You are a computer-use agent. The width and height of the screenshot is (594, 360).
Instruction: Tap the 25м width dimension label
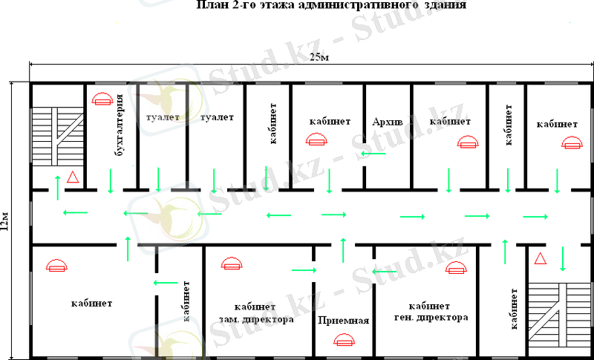(x=319, y=58)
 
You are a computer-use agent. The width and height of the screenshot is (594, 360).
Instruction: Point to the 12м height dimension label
(x=4, y=221)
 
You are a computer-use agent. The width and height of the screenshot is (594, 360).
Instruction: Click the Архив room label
(x=388, y=122)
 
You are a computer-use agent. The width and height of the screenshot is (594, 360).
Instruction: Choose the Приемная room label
(x=344, y=321)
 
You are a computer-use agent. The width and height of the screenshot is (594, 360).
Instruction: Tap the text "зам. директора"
(x=256, y=319)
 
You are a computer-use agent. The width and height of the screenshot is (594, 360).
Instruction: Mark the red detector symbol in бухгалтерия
(x=102, y=99)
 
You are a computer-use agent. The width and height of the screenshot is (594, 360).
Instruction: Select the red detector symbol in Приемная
(x=344, y=339)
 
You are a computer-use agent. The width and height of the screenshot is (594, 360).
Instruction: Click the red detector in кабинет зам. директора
(x=232, y=264)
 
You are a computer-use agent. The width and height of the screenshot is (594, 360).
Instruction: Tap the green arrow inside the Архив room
(x=373, y=154)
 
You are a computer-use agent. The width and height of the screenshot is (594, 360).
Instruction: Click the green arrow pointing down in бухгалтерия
(x=110, y=181)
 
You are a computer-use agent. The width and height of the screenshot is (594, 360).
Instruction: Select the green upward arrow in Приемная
(x=343, y=250)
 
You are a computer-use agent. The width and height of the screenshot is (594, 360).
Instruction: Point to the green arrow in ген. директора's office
(x=385, y=272)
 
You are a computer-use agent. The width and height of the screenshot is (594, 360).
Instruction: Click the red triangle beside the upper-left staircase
(x=72, y=177)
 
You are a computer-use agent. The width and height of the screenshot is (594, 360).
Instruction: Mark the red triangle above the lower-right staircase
(x=541, y=258)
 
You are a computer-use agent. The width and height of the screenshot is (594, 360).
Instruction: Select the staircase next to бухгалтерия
(x=57, y=136)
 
